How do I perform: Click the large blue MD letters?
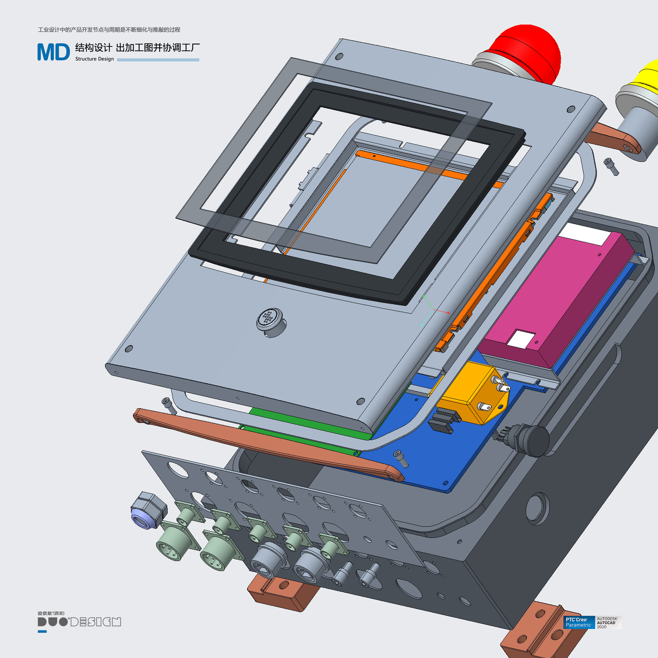pos(53,52)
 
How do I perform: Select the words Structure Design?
pos(94,59)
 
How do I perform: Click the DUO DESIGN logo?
pos(79,622)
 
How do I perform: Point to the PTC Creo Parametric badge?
pos(579,622)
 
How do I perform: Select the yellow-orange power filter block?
pos(472,392)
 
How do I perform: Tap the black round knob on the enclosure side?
pos(535,440)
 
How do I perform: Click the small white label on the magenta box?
pos(521,339)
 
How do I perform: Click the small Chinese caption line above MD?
pos(109,30)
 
